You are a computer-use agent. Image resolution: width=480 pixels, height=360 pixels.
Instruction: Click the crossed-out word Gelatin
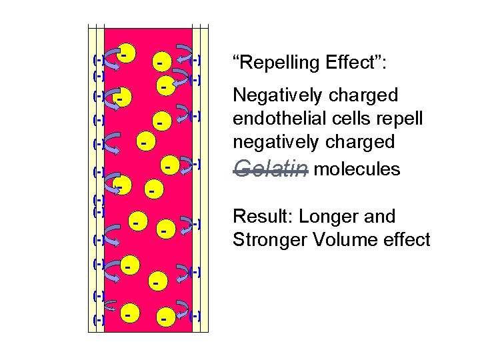tap(270, 169)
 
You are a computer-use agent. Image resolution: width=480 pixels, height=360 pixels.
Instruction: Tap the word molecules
tap(357, 169)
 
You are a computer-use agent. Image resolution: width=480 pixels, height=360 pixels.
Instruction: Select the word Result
tap(261, 216)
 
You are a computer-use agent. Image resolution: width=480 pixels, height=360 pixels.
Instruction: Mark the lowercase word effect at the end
tap(406, 239)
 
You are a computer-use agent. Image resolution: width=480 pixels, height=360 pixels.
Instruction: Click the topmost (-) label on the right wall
tap(196, 61)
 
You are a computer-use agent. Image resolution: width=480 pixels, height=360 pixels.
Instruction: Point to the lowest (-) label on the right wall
tap(195, 315)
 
